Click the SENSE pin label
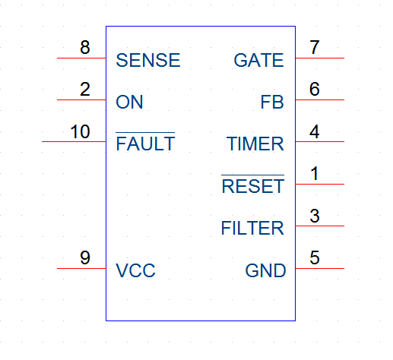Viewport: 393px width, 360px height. pos(148,60)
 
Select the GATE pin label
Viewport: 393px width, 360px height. pos(258,60)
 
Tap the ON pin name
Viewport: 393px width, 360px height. pos(129,102)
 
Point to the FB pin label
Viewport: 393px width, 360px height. pos(272,102)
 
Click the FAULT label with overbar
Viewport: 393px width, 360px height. pos(145,141)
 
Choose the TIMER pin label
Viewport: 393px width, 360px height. pos(255,144)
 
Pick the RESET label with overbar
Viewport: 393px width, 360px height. pos(253,184)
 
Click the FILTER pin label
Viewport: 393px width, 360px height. pos(252,228)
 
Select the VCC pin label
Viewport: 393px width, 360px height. pos(135,270)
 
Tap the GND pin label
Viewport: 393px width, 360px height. pos(265,270)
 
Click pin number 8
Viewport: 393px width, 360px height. pos(85,47)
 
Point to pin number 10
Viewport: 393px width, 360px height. pos(80,131)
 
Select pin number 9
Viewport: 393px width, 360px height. pos(85,257)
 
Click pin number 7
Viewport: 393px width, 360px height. pos(315,47)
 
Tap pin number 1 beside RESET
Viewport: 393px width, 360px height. pos(315,174)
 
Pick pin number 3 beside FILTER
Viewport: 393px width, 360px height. pos(315,216)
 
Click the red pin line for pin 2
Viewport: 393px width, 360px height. pos(81,99)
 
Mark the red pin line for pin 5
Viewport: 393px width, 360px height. pos(320,268)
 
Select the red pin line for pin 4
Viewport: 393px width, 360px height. pos(320,141)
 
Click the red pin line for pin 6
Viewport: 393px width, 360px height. pos(320,99)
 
